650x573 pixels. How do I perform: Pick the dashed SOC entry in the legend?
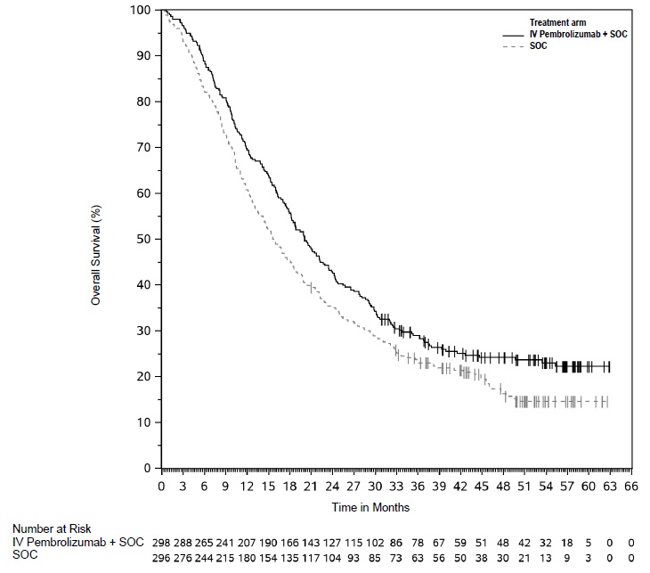539,45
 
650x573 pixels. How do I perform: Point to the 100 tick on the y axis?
141,10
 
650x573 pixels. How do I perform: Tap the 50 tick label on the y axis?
143,239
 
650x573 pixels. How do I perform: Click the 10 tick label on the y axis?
143,422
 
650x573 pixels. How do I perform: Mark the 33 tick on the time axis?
396,487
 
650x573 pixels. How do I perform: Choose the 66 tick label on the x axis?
631,487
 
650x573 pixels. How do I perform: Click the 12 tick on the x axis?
225,487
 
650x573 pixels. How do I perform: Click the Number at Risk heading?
52,529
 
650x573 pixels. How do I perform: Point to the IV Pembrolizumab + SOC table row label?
77,542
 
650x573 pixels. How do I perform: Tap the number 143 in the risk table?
310,542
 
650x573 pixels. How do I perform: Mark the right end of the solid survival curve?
609,366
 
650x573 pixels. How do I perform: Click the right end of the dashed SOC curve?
607,402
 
